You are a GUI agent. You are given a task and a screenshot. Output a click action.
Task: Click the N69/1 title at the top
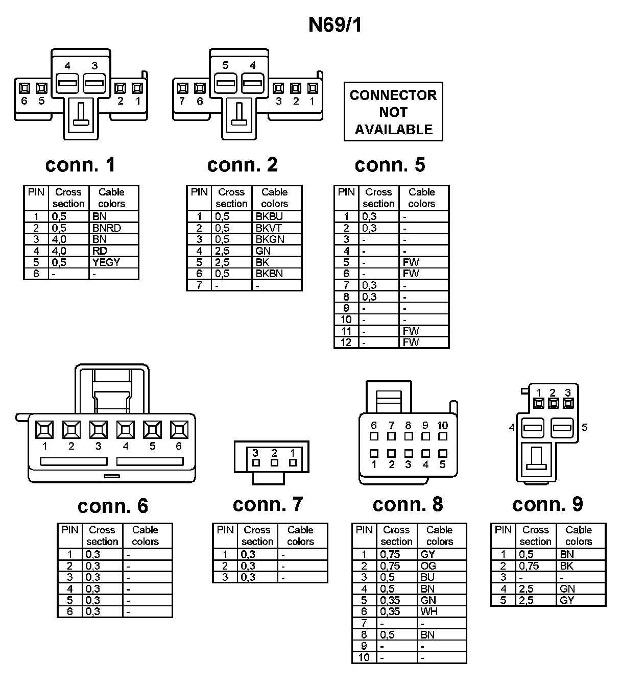click(x=335, y=25)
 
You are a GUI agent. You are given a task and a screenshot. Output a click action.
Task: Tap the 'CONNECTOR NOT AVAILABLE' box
click(x=393, y=112)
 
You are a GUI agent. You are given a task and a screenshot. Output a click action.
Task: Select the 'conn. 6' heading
click(x=113, y=506)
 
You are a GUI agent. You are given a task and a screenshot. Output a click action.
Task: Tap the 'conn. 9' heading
click(x=547, y=504)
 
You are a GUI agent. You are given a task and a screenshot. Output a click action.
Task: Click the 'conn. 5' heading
click(x=390, y=165)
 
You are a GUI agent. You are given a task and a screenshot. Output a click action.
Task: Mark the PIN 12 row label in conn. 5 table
click(x=346, y=342)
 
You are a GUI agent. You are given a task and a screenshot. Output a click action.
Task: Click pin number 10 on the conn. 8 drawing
click(x=442, y=425)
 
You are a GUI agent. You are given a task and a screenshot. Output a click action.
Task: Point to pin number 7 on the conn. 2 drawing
click(x=182, y=101)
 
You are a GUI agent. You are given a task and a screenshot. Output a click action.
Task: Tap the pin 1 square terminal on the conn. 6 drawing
click(x=44, y=429)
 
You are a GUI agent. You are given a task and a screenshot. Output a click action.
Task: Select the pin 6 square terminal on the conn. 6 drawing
click(x=179, y=429)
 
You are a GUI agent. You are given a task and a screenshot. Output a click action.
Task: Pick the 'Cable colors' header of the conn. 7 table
click(x=300, y=535)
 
